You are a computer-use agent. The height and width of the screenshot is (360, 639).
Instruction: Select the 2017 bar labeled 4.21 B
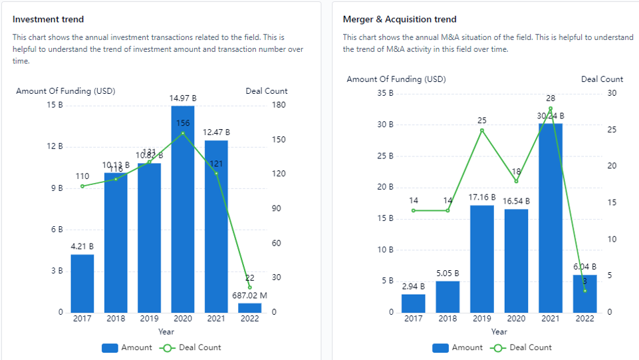82,283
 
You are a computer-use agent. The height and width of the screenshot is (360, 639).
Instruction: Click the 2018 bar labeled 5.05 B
447,297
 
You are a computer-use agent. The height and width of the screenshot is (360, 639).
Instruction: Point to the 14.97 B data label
183,98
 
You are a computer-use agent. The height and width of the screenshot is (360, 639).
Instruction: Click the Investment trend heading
49,19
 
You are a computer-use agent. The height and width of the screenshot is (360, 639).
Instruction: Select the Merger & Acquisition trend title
400,19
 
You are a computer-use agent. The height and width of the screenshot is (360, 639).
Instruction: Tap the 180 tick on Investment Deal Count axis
278,105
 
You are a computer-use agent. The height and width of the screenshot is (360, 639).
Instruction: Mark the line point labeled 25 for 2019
482,130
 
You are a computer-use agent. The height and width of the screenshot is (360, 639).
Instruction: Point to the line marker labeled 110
82,186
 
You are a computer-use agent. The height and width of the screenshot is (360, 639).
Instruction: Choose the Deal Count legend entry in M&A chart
522,347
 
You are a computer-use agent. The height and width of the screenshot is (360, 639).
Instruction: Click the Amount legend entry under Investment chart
127,347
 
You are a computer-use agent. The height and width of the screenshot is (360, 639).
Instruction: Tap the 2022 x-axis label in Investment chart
250,319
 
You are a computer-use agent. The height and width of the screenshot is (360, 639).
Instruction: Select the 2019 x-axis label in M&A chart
482,319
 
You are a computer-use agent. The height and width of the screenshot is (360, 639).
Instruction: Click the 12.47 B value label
217,133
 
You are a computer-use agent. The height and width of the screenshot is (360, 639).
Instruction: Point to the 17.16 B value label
482,198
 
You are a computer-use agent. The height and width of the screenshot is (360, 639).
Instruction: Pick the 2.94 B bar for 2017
414,303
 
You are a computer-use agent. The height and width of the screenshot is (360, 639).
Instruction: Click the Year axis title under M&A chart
499,331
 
